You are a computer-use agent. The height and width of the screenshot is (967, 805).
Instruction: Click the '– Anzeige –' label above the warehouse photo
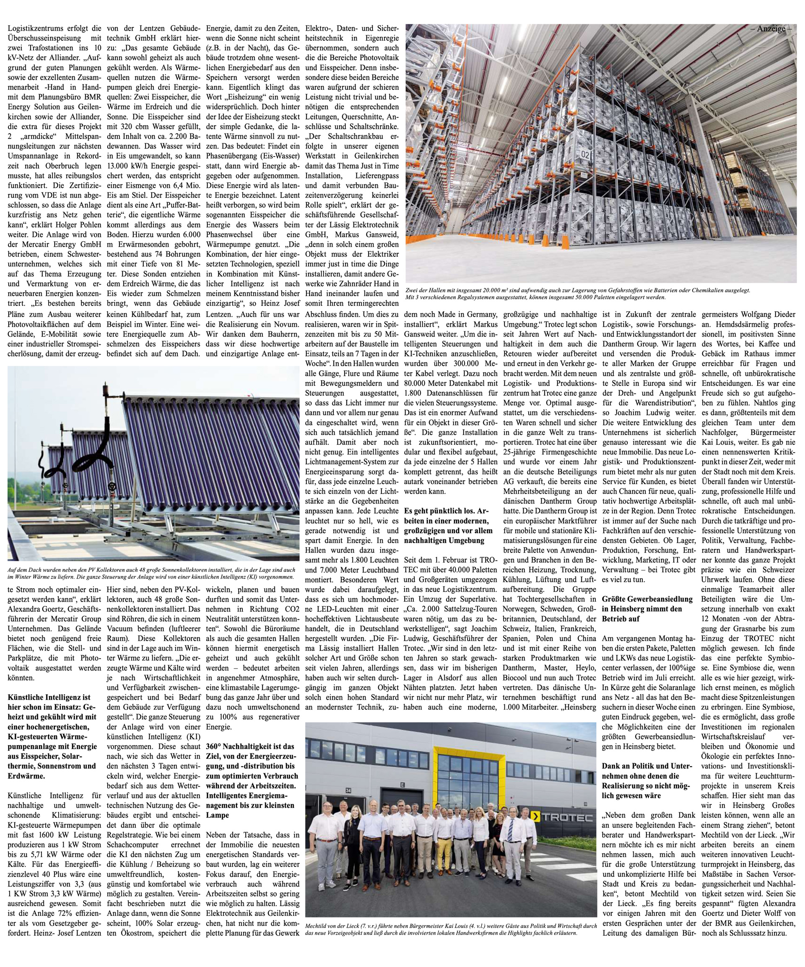(x=771, y=29)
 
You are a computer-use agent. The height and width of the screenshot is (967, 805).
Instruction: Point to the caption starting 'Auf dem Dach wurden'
(x=152, y=573)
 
